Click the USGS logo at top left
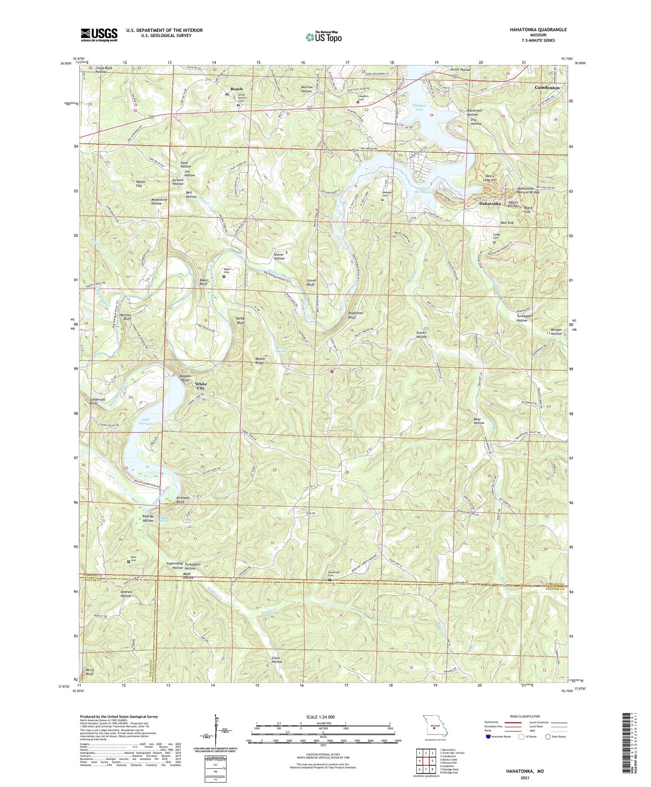pyautogui.click(x=99, y=35)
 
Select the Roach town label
pyautogui.click(x=236, y=89)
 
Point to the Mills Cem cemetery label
pyautogui.click(x=133, y=559)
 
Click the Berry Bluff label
pyautogui.click(x=90, y=672)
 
